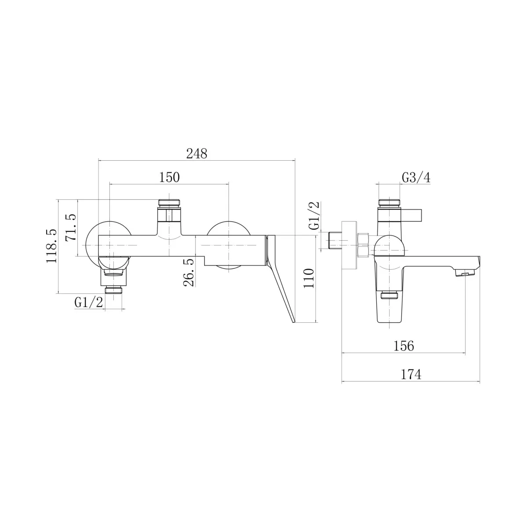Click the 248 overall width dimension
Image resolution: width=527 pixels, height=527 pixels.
coord(197,154)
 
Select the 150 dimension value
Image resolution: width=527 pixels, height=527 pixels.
coord(169,177)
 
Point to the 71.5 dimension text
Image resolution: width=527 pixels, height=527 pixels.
coord(71,227)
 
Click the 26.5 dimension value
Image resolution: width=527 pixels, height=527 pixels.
coord(189,272)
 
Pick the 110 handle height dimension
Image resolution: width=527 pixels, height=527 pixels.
coord(309,278)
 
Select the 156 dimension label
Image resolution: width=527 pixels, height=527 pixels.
coord(404,346)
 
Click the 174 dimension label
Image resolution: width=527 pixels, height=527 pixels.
coord(411,375)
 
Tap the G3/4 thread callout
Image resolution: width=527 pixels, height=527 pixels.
coord(416,177)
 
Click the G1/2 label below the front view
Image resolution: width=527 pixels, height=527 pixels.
coord(89,303)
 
